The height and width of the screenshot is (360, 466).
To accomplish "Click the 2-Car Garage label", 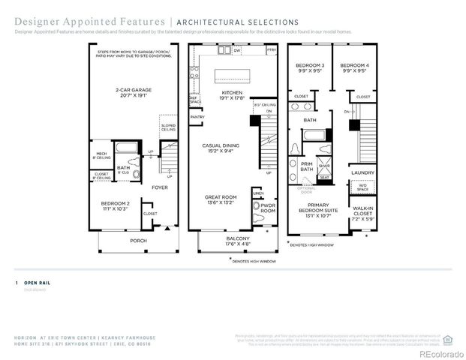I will (130, 94).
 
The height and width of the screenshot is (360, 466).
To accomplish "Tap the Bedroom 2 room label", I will (116, 205).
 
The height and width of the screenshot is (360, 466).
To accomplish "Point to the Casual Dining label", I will (223, 148).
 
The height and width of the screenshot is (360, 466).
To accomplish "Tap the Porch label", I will (138, 241).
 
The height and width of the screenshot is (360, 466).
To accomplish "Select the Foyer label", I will (160, 187).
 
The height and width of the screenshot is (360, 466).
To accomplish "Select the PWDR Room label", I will (268, 207).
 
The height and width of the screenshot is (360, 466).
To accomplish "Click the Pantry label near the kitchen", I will (197, 117).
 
